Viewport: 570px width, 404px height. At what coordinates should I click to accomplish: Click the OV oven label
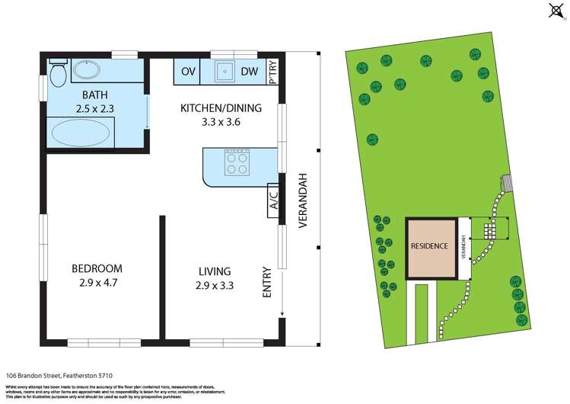coord(188,72)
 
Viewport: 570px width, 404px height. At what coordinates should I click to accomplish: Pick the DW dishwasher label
coord(249,72)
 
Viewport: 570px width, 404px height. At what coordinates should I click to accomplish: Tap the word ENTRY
coord(266,281)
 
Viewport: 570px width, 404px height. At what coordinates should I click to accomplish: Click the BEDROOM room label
coord(97,268)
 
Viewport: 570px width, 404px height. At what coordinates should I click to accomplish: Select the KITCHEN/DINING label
coord(221,108)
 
